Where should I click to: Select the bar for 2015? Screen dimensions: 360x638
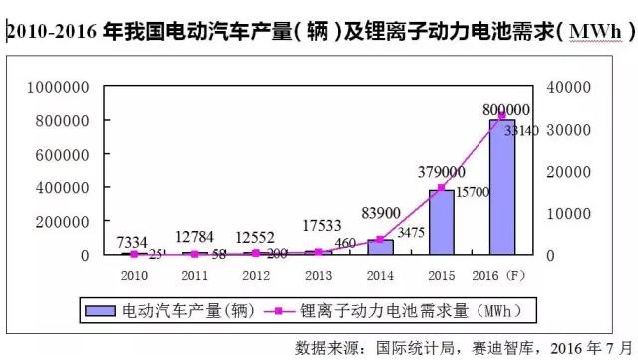[x=441, y=222]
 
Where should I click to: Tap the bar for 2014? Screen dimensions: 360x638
[x=380, y=246]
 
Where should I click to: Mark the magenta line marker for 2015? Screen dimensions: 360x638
[x=441, y=188]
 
